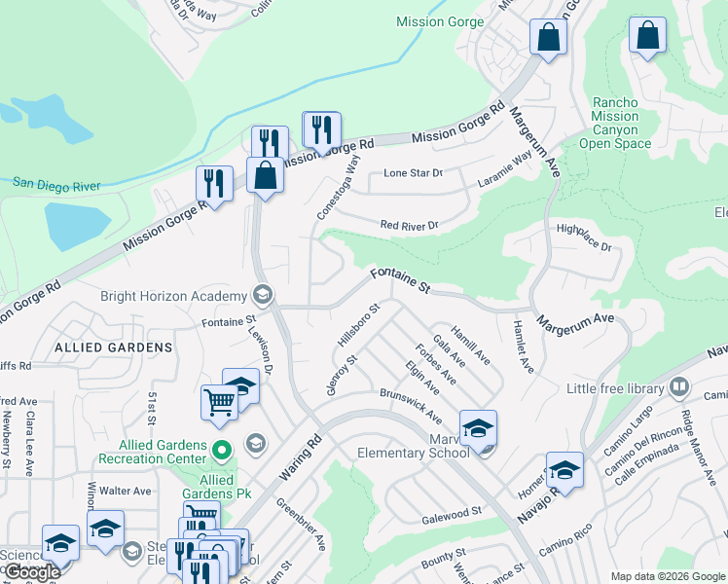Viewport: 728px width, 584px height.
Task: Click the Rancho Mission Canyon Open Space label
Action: point(614,123)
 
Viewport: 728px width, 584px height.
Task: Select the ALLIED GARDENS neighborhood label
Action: point(114,347)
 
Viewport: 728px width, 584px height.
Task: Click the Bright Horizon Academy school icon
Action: point(262,294)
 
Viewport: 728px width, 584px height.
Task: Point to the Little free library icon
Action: point(678,388)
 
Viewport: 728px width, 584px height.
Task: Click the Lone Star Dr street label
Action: point(413,173)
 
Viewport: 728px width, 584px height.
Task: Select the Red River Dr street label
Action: point(410,226)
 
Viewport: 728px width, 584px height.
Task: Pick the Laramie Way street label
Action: point(505,168)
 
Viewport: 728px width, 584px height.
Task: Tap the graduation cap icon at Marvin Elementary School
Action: point(478,428)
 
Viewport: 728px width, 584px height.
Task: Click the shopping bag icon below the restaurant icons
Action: point(266,176)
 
